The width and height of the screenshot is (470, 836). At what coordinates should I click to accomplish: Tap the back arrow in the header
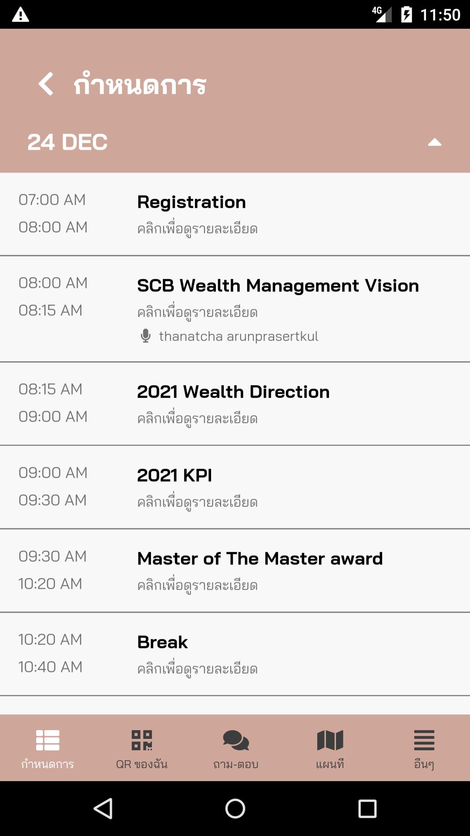(x=46, y=84)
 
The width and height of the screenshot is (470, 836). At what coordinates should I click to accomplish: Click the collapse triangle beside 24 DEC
(x=434, y=142)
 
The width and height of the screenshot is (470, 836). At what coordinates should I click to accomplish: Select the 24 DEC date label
(x=67, y=142)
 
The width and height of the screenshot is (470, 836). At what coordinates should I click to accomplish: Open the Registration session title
(x=191, y=202)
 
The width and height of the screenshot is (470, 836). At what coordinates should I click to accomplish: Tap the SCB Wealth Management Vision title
(x=278, y=286)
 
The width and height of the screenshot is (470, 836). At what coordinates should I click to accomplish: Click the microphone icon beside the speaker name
(x=146, y=336)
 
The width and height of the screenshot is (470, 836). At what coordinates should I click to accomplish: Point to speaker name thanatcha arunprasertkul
(x=238, y=336)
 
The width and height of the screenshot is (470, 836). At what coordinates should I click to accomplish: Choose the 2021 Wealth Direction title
(x=233, y=392)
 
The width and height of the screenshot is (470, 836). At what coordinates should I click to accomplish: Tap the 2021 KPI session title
(x=175, y=475)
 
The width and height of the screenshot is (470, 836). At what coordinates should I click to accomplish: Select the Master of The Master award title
(x=260, y=559)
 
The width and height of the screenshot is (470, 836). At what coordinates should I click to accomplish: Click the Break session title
(x=162, y=642)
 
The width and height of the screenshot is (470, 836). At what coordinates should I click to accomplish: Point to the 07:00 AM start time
(x=52, y=199)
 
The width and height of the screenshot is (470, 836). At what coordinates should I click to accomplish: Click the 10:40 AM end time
(x=50, y=667)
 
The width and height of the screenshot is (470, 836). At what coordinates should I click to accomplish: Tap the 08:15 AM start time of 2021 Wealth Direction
(x=50, y=389)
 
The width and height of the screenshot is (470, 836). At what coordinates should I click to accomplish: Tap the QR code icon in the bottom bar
(x=142, y=740)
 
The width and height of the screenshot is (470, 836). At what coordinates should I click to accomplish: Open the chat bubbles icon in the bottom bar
(x=236, y=740)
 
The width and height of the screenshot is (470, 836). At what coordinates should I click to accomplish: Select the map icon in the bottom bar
(x=330, y=740)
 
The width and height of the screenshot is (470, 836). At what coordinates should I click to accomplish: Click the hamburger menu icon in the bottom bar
(x=424, y=740)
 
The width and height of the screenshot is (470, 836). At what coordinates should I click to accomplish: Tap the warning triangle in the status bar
(x=20, y=15)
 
